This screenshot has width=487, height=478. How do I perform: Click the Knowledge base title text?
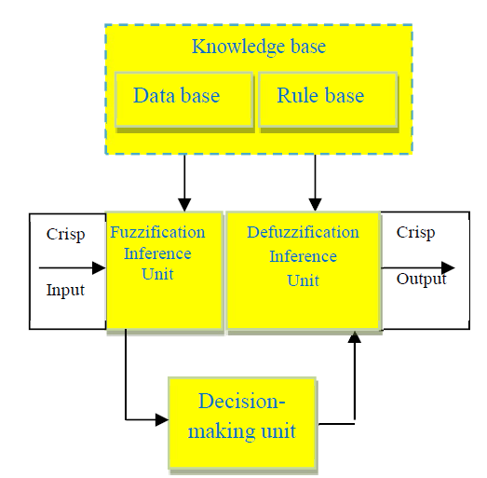(259, 48)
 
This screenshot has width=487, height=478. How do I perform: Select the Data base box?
(183, 100)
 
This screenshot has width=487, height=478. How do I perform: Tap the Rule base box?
(328, 100)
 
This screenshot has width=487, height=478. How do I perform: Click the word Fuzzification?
(157, 232)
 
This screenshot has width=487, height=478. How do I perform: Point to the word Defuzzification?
(303, 232)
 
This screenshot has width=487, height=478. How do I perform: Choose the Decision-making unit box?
(242, 423)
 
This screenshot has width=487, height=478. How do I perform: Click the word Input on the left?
(65, 291)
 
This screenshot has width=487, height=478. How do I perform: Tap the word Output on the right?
(422, 280)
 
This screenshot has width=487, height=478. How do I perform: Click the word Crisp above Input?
(65, 235)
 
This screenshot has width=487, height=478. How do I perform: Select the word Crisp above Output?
(415, 233)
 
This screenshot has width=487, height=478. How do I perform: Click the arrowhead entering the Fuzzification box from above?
(184, 205)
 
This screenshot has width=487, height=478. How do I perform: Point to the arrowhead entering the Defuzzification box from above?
(316, 205)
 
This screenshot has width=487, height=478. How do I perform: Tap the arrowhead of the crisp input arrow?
(100, 268)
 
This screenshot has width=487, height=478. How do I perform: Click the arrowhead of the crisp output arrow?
(448, 268)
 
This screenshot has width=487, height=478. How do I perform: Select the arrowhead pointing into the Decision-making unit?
(162, 420)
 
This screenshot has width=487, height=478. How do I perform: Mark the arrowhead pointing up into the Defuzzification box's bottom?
(355, 337)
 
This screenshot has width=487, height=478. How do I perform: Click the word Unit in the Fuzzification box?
(157, 274)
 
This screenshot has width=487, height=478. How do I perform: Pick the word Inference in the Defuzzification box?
(304, 256)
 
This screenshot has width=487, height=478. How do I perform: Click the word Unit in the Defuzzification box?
(303, 280)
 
